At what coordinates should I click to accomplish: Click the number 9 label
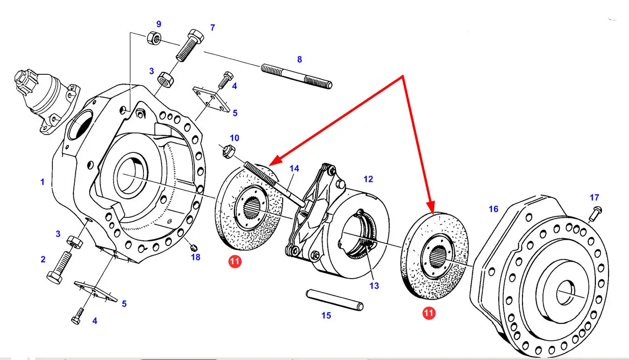pos(158,24)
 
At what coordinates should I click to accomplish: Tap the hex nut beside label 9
pos(154,37)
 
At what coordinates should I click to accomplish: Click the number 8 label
pos(300,59)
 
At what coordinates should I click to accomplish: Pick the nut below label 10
pos(228,151)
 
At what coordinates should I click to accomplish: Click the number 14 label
pos(294,168)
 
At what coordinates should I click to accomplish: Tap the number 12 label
pos(368,179)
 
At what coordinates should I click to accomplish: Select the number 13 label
pos(374,286)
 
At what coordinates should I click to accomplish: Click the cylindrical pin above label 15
pos(334,299)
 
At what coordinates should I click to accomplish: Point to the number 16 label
pos(493,209)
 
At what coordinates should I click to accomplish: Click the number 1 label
pos(43,181)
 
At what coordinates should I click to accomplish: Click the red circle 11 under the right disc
pos(429,313)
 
